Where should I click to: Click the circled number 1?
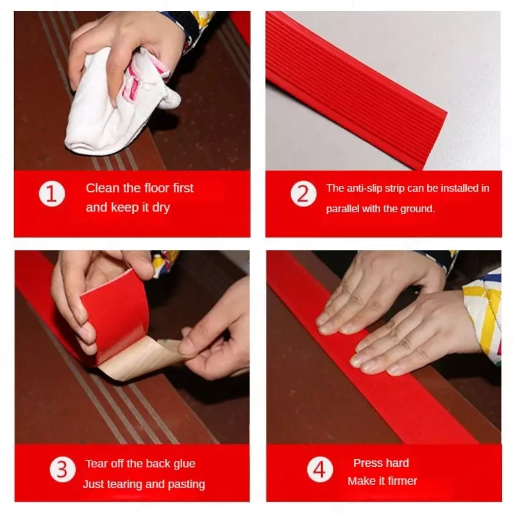click(52, 194)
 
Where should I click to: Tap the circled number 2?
click(303, 194)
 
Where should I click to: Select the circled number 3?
click(62, 469)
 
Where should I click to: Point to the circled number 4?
click(320, 469)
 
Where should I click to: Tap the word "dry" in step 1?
click(161, 208)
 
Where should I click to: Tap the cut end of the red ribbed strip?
click(435, 141)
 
